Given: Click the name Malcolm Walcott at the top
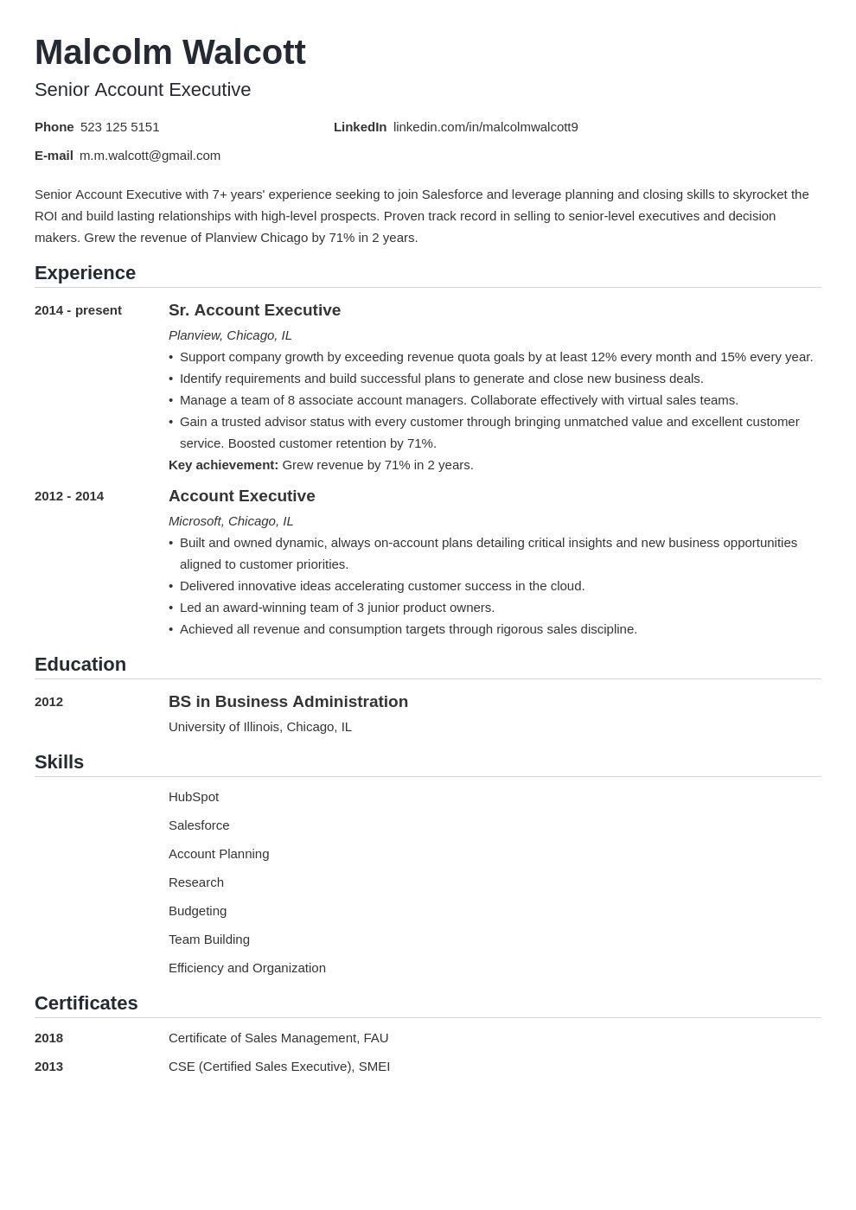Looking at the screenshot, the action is tap(170, 53).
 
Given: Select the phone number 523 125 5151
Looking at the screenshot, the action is tap(119, 127).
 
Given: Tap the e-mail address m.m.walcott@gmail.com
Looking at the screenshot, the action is tap(150, 156).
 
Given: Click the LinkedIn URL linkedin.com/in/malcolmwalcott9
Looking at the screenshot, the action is tap(485, 127).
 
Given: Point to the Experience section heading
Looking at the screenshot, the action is tap(85, 273).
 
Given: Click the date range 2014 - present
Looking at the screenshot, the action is tap(78, 310).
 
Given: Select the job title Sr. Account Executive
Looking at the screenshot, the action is tap(254, 310).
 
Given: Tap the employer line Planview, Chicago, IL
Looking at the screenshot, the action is tap(230, 335).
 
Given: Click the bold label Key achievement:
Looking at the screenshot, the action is tap(223, 465).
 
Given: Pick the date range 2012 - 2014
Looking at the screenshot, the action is tap(69, 496).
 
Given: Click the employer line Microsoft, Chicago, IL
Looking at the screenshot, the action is tap(231, 521).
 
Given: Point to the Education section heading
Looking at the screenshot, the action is tap(80, 665).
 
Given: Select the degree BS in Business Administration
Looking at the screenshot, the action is tap(288, 702).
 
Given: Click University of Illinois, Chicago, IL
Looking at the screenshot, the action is tap(260, 727).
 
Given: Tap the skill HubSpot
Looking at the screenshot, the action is tap(194, 797).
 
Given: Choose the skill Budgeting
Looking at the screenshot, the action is tap(197, 911).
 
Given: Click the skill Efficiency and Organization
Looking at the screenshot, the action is tap(247, 968).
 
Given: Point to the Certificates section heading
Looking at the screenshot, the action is tap(86, 1003).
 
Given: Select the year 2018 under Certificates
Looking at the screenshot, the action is tap(48, 1038).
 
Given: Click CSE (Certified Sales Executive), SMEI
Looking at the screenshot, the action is tap(279, 1067).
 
